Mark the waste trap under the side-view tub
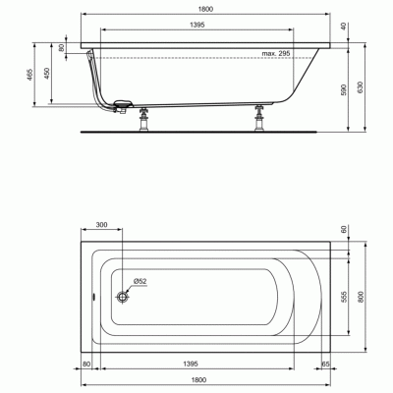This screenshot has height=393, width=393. (123, 104)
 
